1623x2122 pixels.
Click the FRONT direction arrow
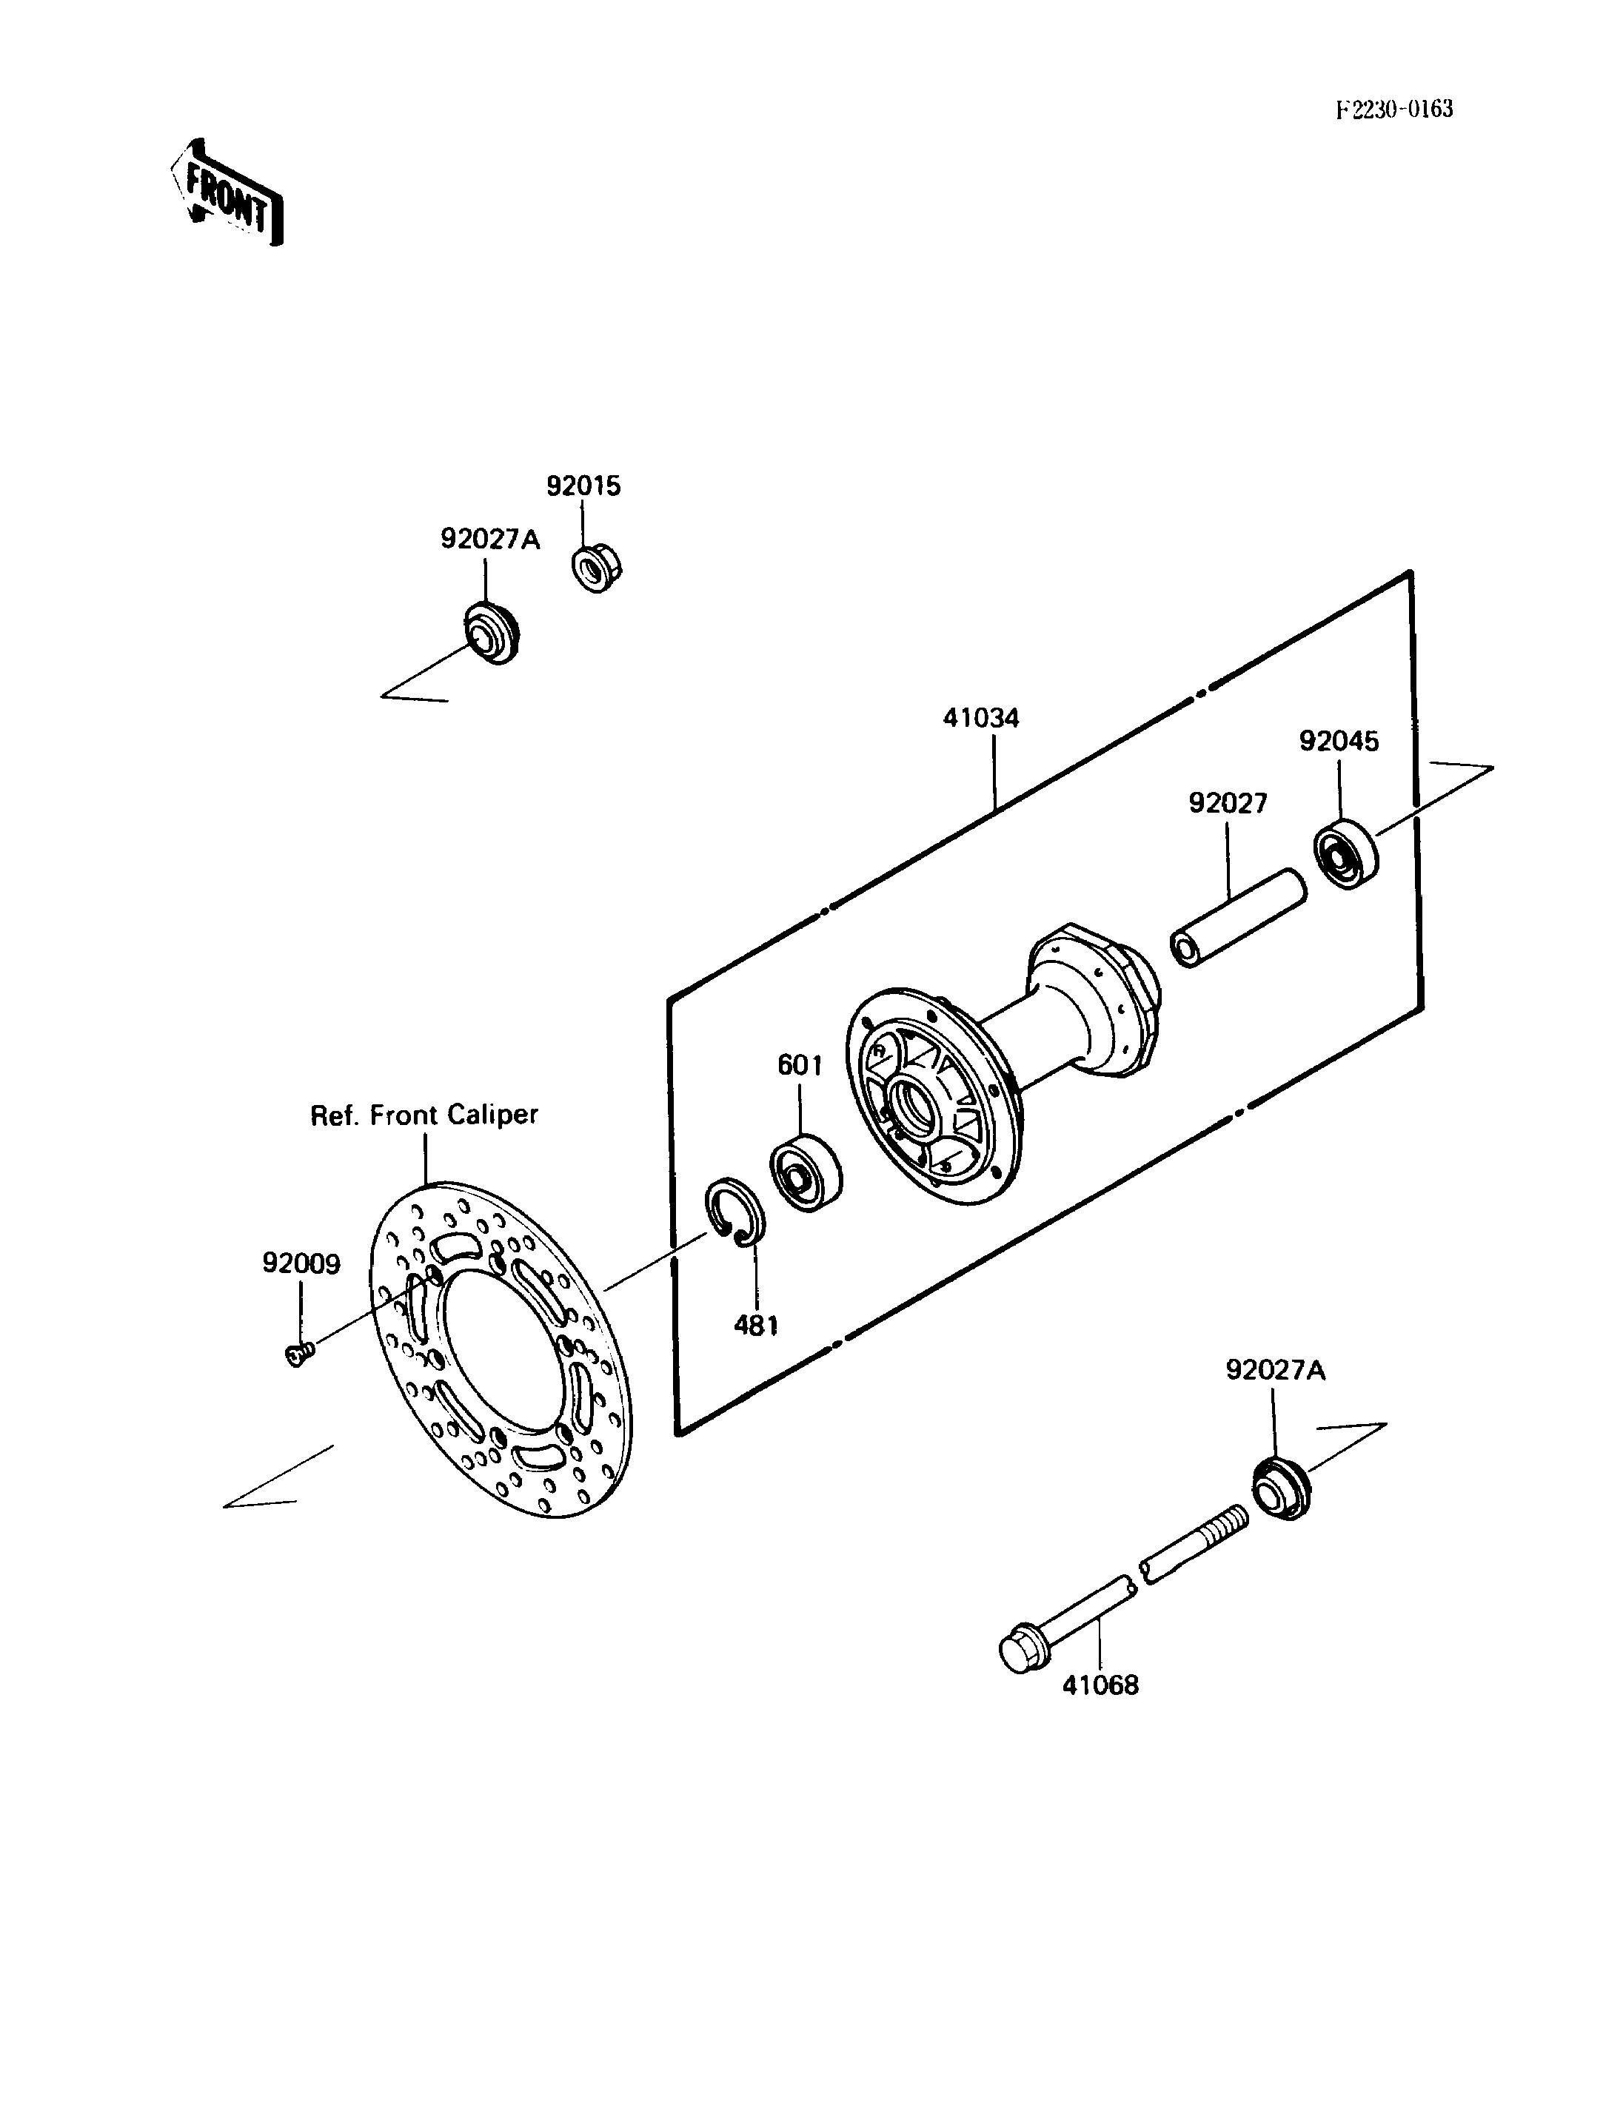coord(227,193)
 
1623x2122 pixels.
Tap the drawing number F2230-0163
coord(1394,109)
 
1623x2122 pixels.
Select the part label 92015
coord(583,486)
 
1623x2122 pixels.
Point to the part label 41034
coord(982,718)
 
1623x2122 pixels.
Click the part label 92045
coord(1339,741)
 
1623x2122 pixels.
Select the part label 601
coord(800,1065)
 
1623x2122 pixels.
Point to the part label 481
coord(757,1325)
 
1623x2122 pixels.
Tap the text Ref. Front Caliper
coord(424,1115)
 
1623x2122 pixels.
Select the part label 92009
coord(301,1263)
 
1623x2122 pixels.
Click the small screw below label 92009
coord(299,1354)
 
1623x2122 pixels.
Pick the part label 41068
coord(1100,1685)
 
